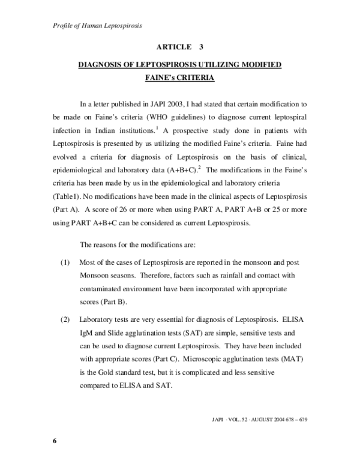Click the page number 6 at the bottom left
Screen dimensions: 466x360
55,441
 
